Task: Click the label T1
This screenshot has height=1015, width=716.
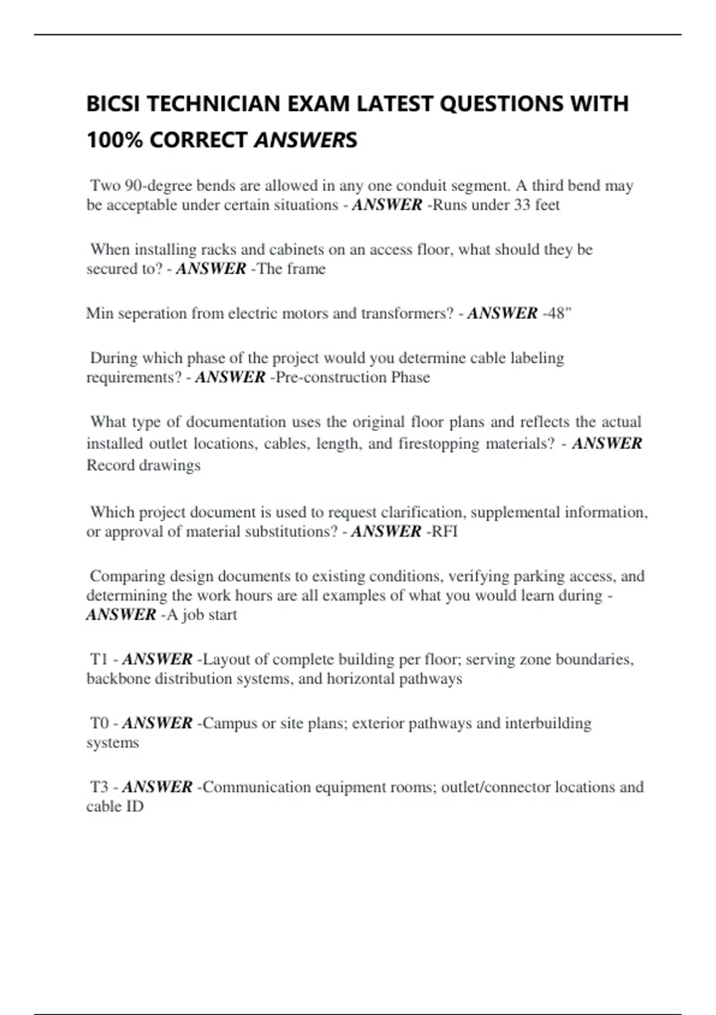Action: coord(99,659)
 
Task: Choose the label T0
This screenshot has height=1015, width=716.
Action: coord(99,723)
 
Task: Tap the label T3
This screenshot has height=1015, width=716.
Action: coord(99,787)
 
